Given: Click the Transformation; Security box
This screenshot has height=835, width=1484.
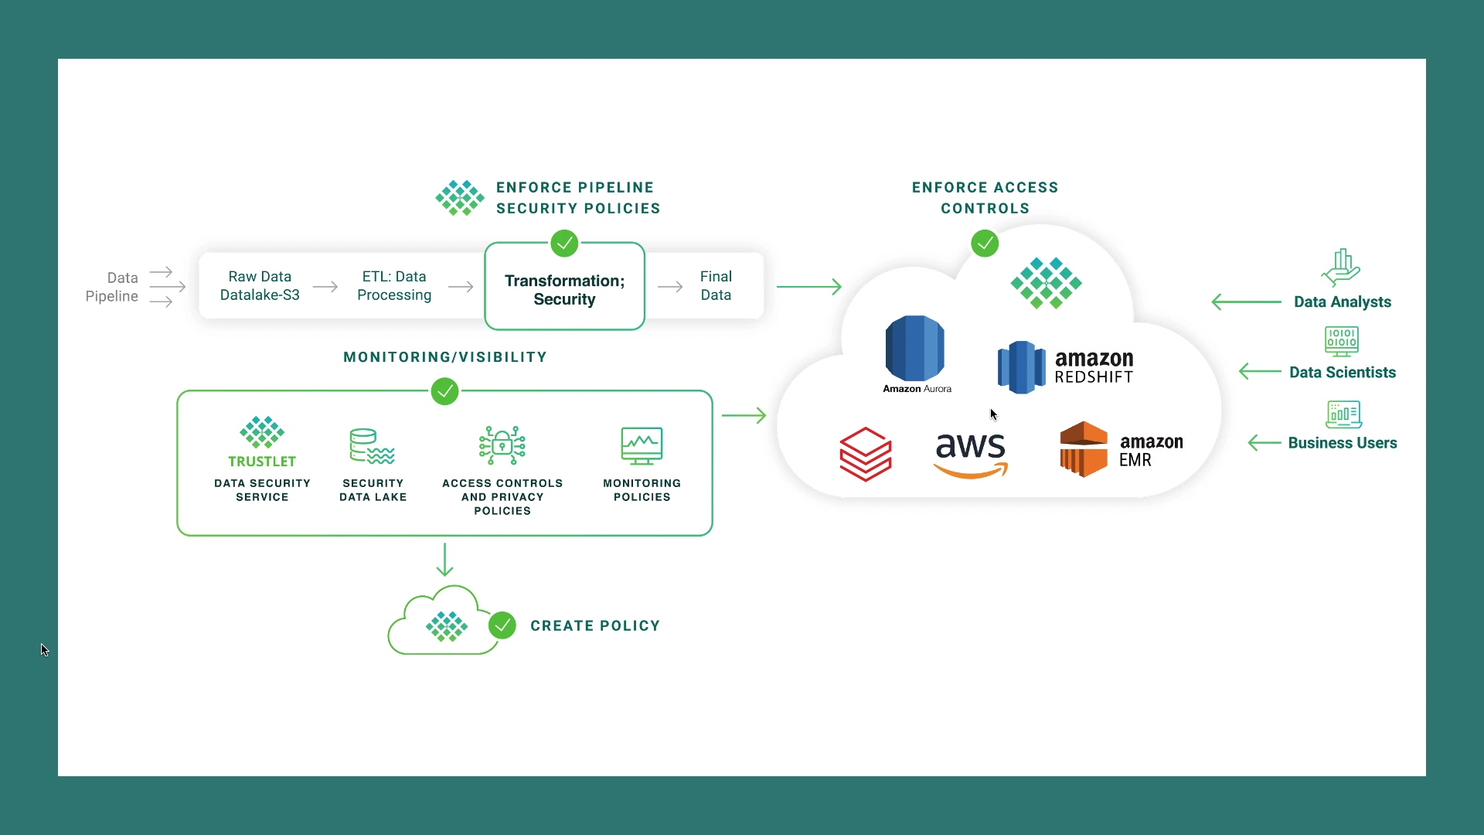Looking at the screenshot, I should click(564, 290).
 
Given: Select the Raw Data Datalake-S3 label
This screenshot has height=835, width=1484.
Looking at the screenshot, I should click(260, 286).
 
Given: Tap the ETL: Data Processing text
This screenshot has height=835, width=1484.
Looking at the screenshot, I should click(394, 286).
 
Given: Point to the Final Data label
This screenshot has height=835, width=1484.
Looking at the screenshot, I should click(716, 286).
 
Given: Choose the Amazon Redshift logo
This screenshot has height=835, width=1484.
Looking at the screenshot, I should click(1065, 367).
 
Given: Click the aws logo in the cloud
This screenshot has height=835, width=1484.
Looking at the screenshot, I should click(971, 455).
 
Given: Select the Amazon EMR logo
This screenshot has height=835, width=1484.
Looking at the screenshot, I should click(1121, 450).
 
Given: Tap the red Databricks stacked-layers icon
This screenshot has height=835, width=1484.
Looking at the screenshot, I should click(866, 455).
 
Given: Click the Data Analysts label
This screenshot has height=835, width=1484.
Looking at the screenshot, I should click(1343, 302).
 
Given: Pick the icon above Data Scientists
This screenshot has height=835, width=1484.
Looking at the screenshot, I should click(1342, 341).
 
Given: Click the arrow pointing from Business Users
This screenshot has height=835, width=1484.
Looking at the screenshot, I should click(1264, 443).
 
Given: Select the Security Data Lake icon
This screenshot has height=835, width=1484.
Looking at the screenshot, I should click(372, 446).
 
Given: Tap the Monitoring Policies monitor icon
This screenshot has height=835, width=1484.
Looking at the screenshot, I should click(642, 446).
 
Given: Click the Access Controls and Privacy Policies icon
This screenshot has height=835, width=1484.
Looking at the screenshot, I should click(502, 445).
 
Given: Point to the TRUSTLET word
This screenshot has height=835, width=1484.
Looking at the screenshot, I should click(262, 462).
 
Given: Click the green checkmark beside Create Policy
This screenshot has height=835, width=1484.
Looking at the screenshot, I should click(502, 625).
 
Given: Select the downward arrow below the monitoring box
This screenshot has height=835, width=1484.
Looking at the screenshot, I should click(444, 560).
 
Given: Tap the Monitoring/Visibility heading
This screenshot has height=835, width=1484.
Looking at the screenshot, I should click(445, 357).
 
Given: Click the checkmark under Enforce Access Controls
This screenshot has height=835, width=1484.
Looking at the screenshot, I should click(985, 244).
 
